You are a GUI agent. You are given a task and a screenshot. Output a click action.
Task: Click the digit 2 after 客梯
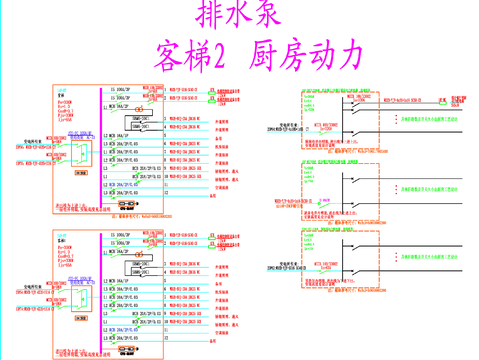coord(215,56)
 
